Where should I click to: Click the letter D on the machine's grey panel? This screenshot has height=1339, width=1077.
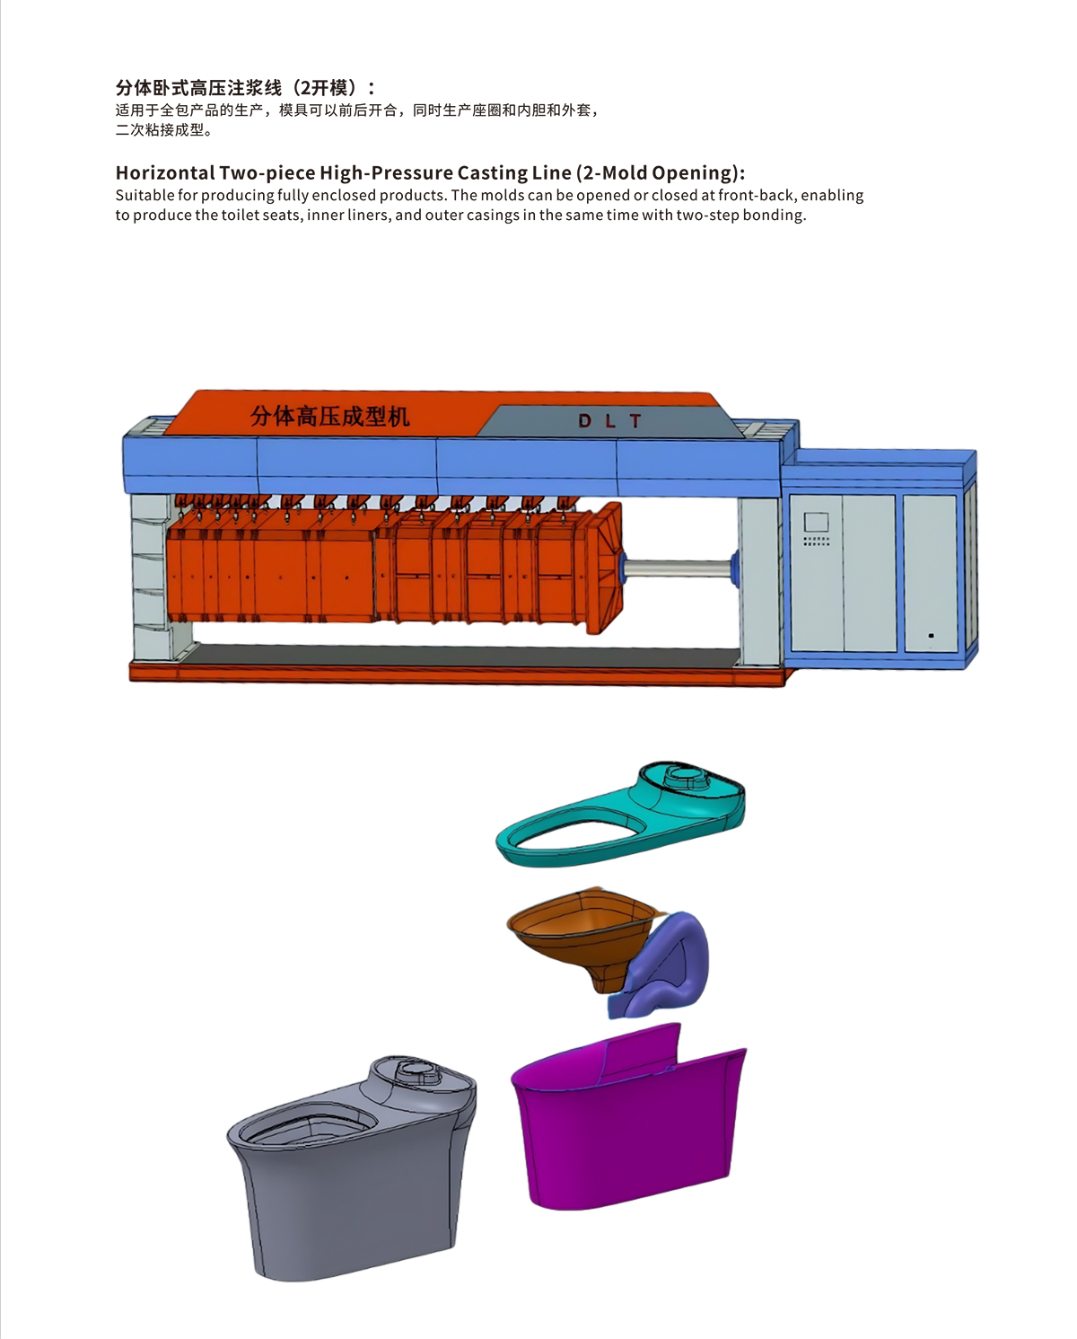[x=584, y=421]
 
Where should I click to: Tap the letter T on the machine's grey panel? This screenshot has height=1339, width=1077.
[x=635, y=421]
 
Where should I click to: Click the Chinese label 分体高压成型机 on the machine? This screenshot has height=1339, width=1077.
[x=330, y=417]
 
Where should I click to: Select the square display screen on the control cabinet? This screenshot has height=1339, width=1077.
[x=816, y=522]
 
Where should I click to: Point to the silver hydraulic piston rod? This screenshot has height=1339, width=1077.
[x=678, y=568]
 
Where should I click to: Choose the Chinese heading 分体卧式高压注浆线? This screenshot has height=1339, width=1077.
[x=198, y=88]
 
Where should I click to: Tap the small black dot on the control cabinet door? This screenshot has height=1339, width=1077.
[x=931, y=635]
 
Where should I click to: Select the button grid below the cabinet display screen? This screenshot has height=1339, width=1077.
[x=816, y=541]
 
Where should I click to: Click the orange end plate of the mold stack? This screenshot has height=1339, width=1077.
[x=604, y=568]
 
